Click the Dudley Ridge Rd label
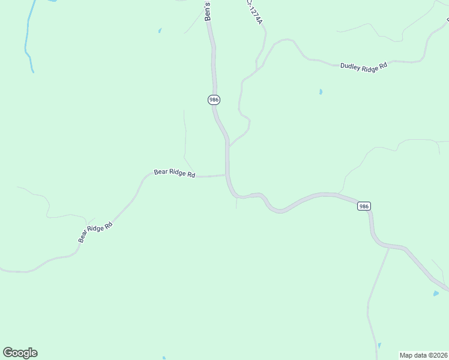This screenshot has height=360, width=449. [364, 66]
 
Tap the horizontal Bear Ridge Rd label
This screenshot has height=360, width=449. [175, 173]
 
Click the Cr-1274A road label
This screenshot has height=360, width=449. [255, 12]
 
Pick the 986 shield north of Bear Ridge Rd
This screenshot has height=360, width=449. [214, 100]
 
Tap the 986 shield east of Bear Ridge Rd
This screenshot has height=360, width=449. [364, 206]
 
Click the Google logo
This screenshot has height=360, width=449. [20, 353]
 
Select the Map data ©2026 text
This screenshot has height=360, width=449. [423, 355]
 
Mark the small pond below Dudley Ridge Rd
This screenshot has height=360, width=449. [321, 92]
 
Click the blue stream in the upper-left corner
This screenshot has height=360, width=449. [27, 42]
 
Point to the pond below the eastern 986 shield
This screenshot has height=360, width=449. [436, 293]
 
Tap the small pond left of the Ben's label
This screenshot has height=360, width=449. [160, 30]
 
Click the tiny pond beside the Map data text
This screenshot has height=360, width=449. [379, 346]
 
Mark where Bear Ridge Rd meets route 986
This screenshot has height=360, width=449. [226, 175]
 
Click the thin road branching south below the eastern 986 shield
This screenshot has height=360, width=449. [378, 288]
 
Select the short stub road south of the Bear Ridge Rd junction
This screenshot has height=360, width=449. [237, 203]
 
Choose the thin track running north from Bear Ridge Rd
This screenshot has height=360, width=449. [185, 135]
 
